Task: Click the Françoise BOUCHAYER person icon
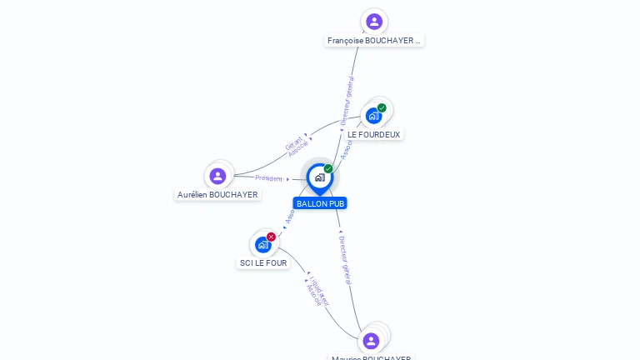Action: pos(374,22)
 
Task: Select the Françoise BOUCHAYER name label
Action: pos(374,40)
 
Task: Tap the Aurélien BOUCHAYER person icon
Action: pos(217,176)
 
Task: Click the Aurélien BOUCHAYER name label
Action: pos(217,195)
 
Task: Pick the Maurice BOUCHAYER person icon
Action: pos(372,340)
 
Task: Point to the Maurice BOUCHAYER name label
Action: pos(372,357)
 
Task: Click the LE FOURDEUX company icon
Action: pos(373,116)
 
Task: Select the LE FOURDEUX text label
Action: pos(374,134)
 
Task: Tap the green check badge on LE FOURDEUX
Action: pos(382,107)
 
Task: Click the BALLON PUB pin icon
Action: pos(319,177)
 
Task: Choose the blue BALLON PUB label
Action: pos(320,203)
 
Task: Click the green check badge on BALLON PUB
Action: pos(328,168)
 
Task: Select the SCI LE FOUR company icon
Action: pos(262,244)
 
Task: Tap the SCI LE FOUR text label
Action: pos(263,263)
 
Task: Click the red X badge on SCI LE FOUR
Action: pos(271,237)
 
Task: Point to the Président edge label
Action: pos(269,178)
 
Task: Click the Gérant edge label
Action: pos(293,140)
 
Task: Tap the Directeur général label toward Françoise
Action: pos(347,100)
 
